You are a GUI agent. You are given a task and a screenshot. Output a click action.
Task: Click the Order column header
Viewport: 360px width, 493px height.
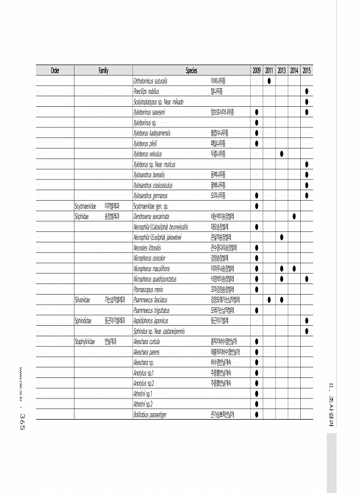[x=55, y=70]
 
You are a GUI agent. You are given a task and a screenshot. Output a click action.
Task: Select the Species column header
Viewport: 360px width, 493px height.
[x=191, y=70]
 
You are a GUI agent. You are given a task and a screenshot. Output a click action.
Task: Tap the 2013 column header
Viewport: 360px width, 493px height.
[x=282, y=70]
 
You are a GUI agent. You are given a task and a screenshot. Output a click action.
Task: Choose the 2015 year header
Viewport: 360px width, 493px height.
[x=307, y=70]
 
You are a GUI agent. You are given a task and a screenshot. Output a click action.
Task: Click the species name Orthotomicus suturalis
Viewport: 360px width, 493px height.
[x=151, y=81]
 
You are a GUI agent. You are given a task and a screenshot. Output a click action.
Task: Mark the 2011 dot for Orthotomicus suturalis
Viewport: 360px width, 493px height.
[x=269, y=81]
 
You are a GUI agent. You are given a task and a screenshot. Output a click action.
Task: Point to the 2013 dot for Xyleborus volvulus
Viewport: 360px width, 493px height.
[x=282, y=154]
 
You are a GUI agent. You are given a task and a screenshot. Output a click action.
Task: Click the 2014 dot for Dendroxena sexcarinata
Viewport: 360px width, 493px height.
[x=294, y=216]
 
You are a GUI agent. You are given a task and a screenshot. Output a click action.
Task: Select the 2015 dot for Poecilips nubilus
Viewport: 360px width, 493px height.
[x=307, y=92]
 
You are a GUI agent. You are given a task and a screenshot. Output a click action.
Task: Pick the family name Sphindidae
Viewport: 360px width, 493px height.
[x=83, y=320]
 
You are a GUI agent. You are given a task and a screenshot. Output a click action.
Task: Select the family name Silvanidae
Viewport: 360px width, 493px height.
[x=82, y=299]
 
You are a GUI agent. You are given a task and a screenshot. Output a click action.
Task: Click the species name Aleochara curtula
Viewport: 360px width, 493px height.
[x=148, y=341]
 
